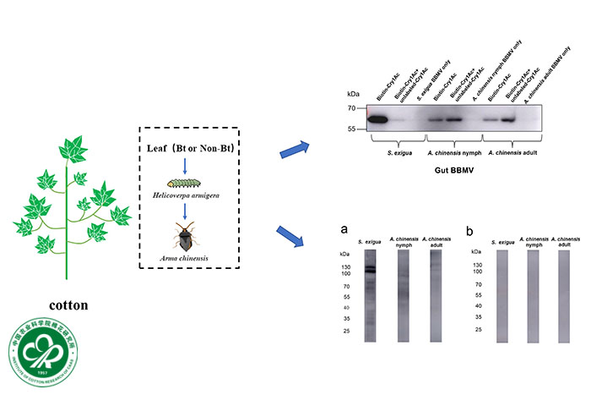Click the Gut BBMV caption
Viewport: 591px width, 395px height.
453,168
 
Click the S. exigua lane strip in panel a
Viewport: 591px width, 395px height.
370,296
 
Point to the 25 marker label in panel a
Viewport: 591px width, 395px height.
346,331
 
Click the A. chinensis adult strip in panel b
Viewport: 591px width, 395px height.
563,296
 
